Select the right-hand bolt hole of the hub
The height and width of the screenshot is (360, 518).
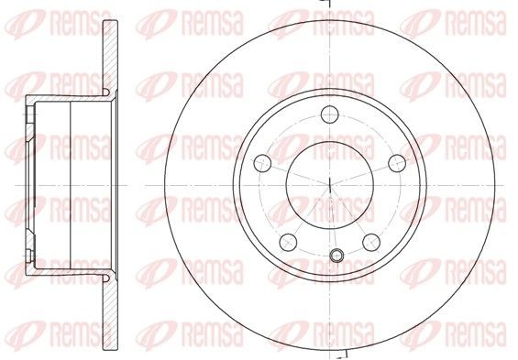coord(396,164)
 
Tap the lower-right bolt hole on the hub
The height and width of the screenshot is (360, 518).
coord(371,242)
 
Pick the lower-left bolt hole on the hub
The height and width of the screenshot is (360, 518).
coord(287,242)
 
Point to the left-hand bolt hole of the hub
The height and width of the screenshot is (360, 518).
coord(263,164)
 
